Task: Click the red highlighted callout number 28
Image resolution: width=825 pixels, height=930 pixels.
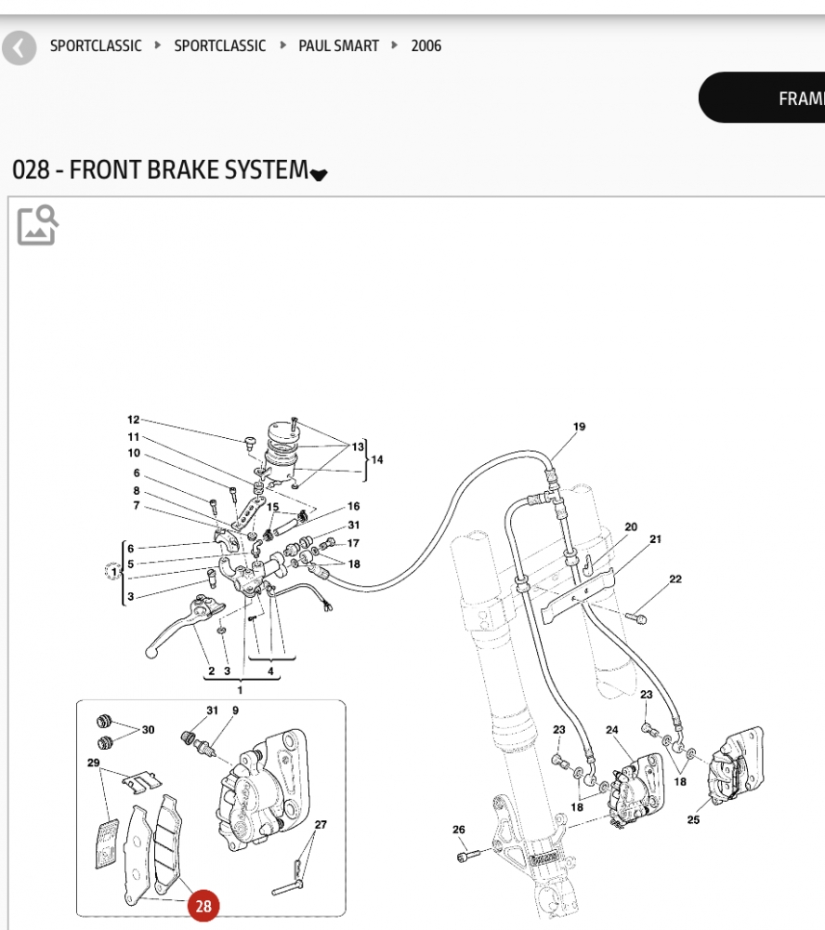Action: [x=203, y=905]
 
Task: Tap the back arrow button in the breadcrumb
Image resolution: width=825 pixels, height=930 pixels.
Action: [x=19, y=46]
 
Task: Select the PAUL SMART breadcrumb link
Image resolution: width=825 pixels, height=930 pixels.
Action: [x=338, y=46]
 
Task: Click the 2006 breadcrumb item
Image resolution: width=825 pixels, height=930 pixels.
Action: [x=426, y=46]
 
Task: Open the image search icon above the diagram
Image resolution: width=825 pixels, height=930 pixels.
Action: [x=38, y=225]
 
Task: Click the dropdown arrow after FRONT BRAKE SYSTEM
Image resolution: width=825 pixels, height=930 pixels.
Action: [x=319, y=174]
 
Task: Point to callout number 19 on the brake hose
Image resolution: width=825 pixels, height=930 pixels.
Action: [x=579, y=427]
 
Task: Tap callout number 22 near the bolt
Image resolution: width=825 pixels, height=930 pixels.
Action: [x=675, y=579]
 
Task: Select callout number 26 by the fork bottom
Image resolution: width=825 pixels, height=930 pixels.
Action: [x=459, y=830]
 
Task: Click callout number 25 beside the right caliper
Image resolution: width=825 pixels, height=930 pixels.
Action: [x=693, y=819]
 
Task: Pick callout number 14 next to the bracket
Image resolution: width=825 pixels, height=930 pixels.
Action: [x=376, y=459]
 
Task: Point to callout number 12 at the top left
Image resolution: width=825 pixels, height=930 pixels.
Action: [x=133, y=419]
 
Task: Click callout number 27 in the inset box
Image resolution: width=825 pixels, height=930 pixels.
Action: [x=321, y=825]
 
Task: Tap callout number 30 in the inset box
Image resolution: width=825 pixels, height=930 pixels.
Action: [x=149, y=730]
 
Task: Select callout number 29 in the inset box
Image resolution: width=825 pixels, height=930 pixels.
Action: [x=93, y=763]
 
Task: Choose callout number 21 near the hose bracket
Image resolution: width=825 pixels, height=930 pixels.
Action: [x=656, y=539]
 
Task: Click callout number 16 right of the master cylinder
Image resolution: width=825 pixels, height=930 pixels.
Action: [x=354, y=507]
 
